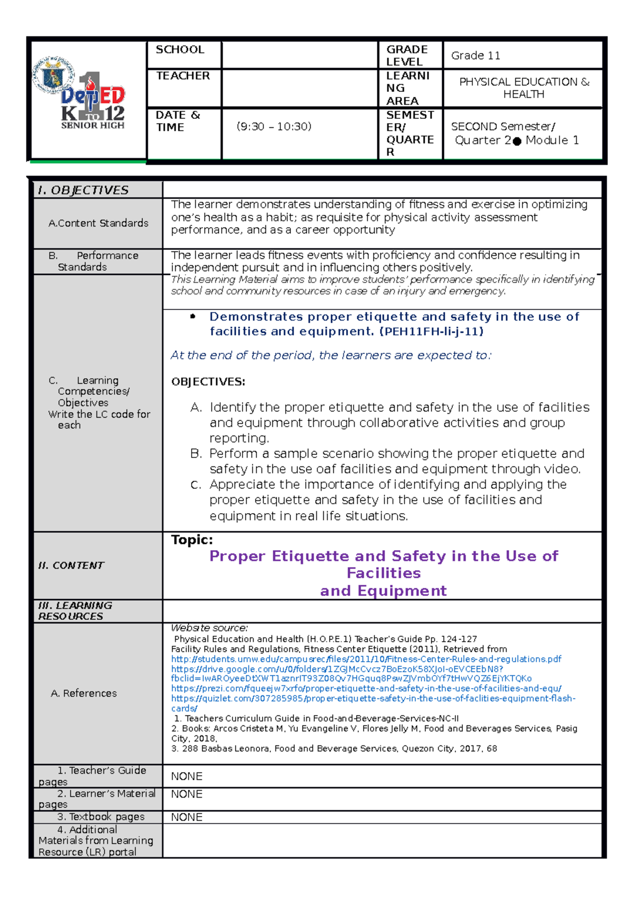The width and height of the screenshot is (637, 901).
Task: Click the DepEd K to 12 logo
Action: [x=85, y=96]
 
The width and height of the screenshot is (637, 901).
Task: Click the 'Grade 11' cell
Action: [x=475, y=56]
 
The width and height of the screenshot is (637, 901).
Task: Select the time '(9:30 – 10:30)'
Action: [x=274, y=127]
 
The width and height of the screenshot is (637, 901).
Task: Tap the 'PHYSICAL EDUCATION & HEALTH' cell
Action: [x=523, y=88]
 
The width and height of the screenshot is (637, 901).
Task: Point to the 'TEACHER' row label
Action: [x=183, y=76]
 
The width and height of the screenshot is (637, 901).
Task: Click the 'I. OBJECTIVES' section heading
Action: [x=83, y=190]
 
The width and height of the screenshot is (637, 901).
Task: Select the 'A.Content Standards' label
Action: [x=98, y=223]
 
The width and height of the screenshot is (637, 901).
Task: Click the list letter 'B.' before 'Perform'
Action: [x=196, y=454]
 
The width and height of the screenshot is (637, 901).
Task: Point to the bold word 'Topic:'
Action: [x=192, y=540]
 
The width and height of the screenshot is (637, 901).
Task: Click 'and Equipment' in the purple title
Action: [x=383, y=591]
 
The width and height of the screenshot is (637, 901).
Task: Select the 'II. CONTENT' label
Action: [x=71, y=566]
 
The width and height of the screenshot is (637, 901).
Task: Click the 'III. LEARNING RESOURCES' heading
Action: [x=75, y=611]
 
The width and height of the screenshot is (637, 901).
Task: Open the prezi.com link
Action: [x=366, y=689]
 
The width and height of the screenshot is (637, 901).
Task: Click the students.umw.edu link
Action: [x=366, y=659]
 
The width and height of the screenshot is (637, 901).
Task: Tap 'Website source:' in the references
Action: [x=209, y=628]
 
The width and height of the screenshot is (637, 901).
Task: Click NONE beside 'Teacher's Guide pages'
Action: [x=186, y=776]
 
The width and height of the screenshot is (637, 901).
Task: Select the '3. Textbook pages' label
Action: [x=101, y=817]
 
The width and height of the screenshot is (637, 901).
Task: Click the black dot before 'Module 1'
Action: [x=517, y=141]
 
